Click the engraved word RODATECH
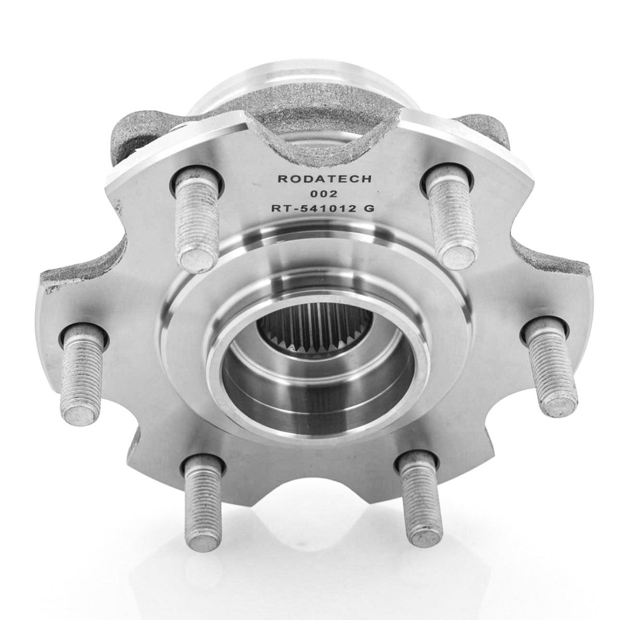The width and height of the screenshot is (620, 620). [x=325, y=179]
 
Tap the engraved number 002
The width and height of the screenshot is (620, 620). [x=324, y=194]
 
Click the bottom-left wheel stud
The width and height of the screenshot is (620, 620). [x=203, y=502]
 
